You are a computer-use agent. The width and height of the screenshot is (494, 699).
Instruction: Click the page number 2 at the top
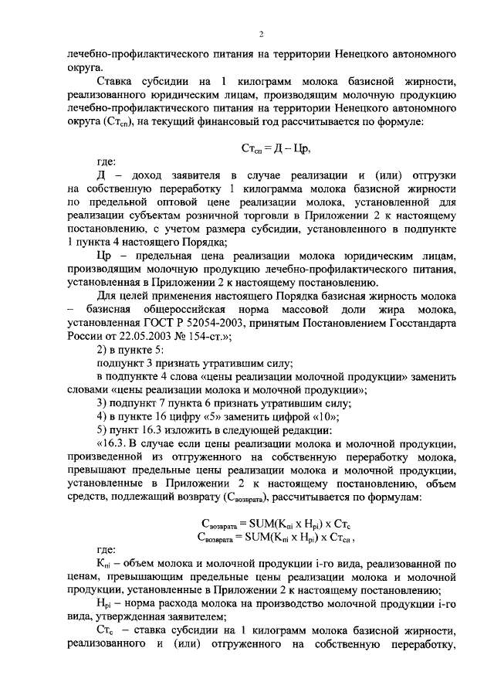coord(261,35)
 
